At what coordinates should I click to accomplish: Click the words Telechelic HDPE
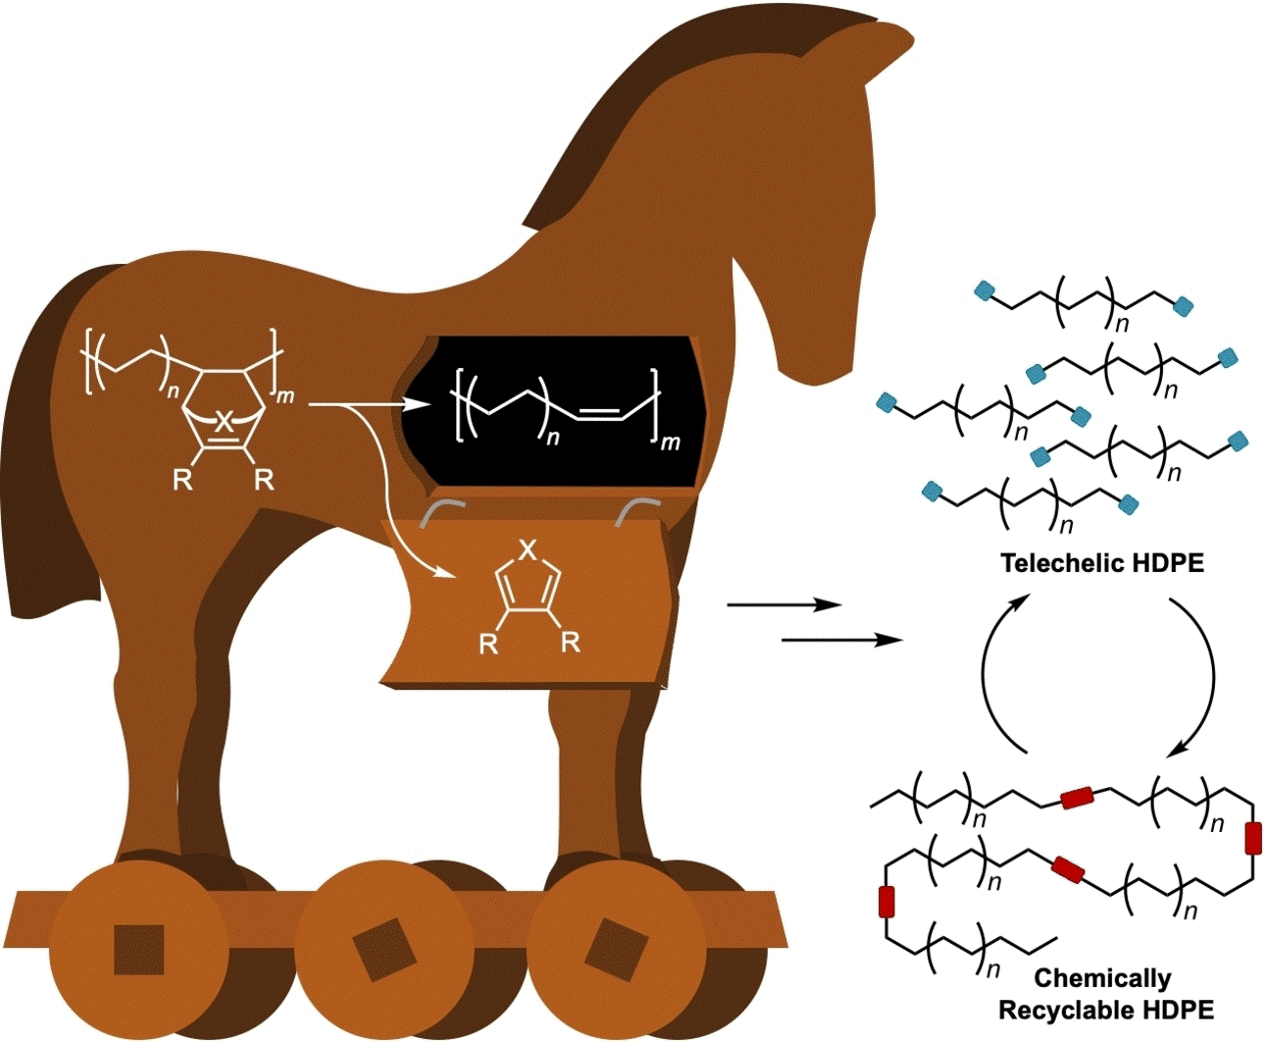1101,563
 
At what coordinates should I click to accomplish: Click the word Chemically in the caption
1102,978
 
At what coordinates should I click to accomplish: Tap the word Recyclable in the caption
1069,1010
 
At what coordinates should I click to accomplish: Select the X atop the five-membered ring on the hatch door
528,550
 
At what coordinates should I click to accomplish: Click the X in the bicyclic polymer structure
225,422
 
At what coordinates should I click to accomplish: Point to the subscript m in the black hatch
671,443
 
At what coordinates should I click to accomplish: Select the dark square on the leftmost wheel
139,949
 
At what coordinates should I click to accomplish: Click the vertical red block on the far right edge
1253,839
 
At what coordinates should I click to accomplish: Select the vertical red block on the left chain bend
886,901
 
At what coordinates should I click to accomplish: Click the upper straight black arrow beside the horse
784,606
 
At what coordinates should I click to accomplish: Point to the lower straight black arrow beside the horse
841,641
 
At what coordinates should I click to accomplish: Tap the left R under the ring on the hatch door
488,644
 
